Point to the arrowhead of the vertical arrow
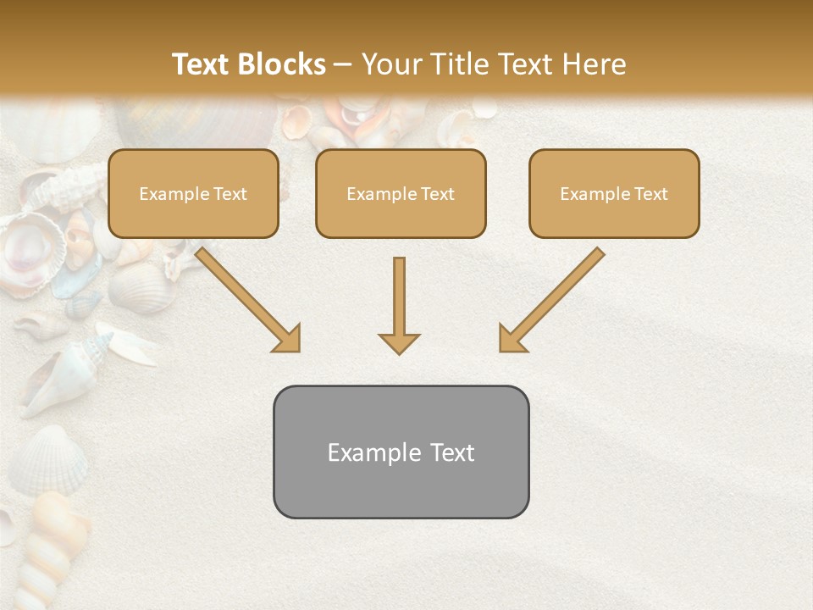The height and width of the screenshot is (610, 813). coord(399,342)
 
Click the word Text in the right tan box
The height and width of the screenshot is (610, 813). coord(650,194)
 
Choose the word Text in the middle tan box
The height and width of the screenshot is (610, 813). coord(437,194)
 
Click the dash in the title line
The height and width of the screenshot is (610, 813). coord(343,64)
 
